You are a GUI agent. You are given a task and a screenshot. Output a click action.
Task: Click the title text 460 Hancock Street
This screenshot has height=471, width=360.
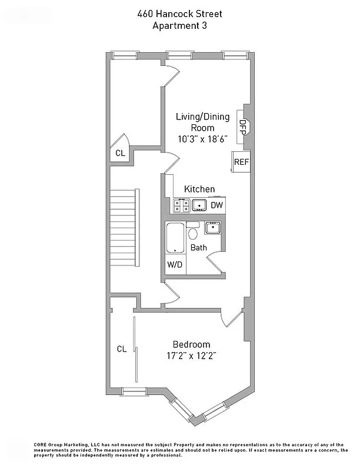179,14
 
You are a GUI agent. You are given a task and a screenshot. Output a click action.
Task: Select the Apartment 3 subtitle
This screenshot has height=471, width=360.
179,25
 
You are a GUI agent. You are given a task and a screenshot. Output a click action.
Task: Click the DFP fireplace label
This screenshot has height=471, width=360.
242,126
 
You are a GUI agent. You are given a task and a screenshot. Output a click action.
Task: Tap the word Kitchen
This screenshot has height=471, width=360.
199,189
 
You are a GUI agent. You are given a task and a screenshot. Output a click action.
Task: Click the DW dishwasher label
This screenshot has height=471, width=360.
217,205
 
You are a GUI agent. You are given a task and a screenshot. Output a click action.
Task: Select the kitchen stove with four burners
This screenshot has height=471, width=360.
181,205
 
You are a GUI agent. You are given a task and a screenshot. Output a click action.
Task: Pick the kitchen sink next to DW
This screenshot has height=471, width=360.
199,205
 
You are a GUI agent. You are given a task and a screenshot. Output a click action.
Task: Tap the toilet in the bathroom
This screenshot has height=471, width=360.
192,233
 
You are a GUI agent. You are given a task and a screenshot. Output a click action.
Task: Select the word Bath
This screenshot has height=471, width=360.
198,248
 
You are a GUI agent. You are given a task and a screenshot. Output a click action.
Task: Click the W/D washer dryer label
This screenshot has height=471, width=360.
175,266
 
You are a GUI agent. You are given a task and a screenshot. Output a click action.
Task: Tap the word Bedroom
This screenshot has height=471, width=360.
191,344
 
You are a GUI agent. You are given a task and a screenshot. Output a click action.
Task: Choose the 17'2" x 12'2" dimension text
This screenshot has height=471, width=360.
191,356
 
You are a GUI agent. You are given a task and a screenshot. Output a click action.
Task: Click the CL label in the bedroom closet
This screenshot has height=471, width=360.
121,349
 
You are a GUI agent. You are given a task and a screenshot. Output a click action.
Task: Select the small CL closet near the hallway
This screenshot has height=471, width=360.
120,153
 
